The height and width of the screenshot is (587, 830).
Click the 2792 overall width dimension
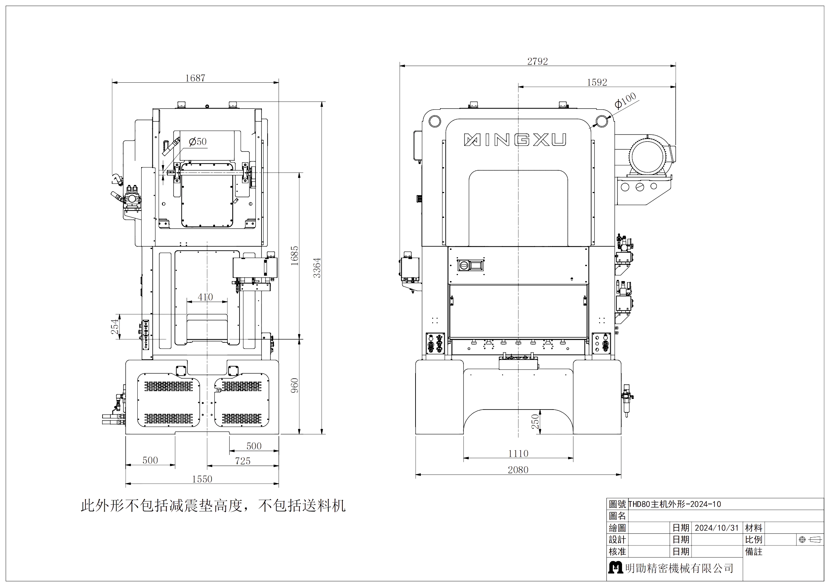537,61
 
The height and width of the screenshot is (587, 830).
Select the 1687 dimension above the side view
195,78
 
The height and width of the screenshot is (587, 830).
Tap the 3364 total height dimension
317,268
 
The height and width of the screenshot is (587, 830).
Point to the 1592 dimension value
597,82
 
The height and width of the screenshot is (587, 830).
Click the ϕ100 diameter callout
625,101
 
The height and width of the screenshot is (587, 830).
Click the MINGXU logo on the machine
515,140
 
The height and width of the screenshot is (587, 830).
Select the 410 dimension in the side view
205,297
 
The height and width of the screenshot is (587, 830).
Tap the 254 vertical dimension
115,327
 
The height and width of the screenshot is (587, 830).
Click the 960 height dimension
295,385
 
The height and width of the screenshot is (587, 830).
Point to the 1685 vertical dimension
295,256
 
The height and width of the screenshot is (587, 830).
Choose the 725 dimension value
243,461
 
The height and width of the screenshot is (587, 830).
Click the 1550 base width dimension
202,479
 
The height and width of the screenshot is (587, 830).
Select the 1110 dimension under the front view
518,453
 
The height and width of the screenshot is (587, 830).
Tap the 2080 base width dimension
518,470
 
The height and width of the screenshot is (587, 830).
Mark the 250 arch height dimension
535,422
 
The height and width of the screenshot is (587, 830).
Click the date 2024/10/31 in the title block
717,528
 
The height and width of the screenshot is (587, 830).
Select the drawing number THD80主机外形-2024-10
675,504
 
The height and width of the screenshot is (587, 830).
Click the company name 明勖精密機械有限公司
680,568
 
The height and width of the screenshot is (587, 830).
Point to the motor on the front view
648,158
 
